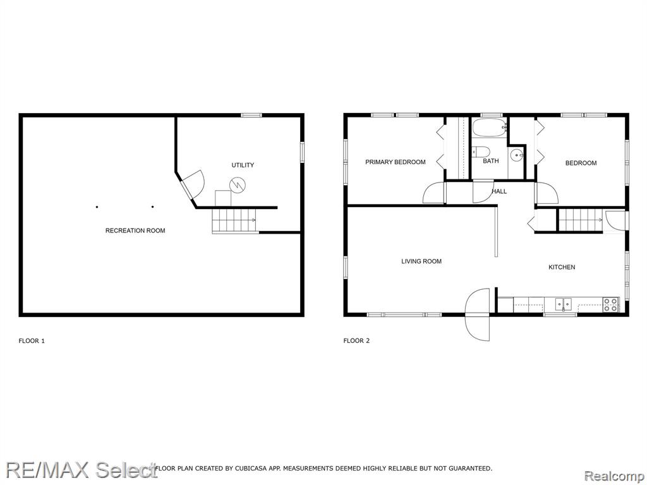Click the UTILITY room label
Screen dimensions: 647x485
[243, 165]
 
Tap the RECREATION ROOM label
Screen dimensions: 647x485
[135, 231]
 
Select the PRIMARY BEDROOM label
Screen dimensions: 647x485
[396, 162]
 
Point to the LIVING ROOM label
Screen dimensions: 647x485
[421, 261]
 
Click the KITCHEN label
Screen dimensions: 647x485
[562, 267]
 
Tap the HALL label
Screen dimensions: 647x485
[499, 191]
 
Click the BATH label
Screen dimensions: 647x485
[490, 161]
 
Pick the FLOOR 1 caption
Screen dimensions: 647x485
[32, 340]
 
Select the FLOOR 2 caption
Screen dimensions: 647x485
[356, 340]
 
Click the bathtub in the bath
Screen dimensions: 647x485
[490, 128]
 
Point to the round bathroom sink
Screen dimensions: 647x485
[517, 155]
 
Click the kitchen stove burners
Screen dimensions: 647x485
[611, 304]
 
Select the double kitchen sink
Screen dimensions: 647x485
[563, 304]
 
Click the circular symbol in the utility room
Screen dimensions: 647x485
[238, 185]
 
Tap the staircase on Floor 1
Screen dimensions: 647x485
[234, 220]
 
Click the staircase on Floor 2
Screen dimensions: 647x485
[581, 220]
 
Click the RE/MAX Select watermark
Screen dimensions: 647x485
[82, 470]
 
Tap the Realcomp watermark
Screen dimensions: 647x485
[614, 476]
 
